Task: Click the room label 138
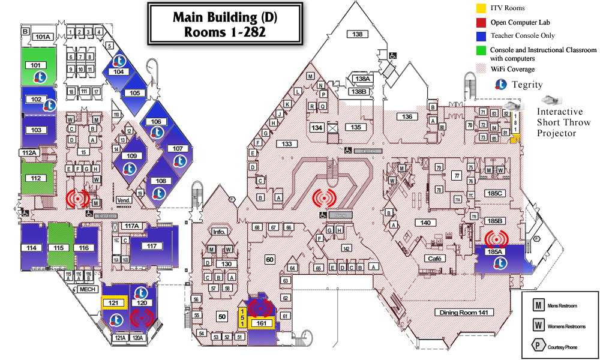pyautogui.click(x=358, y=34)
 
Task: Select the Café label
pyautogui.click(x=435, y=259)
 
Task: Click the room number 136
pyautogui.click(x=407, y=116)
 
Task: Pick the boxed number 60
pyautogui.click(x=270, y=259)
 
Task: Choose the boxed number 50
pyautogui.click(x=222, y=316)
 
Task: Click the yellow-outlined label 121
pyautogui.click(x=113, y=303)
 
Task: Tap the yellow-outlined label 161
pyautogui.click(x=260, y=324)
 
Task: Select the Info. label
pyautogui.click(x=218, y=232)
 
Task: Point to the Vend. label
pyautogui.click(x=124, y=200)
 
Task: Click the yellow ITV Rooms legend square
pyautogui.click(x=481, y=8)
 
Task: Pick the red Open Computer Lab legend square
pyautogui.click(x=481, y=22)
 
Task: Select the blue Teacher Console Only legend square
pyautogui.click(x=481, y=36)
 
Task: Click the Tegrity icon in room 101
pyautogui.click(x=40, y=77)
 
